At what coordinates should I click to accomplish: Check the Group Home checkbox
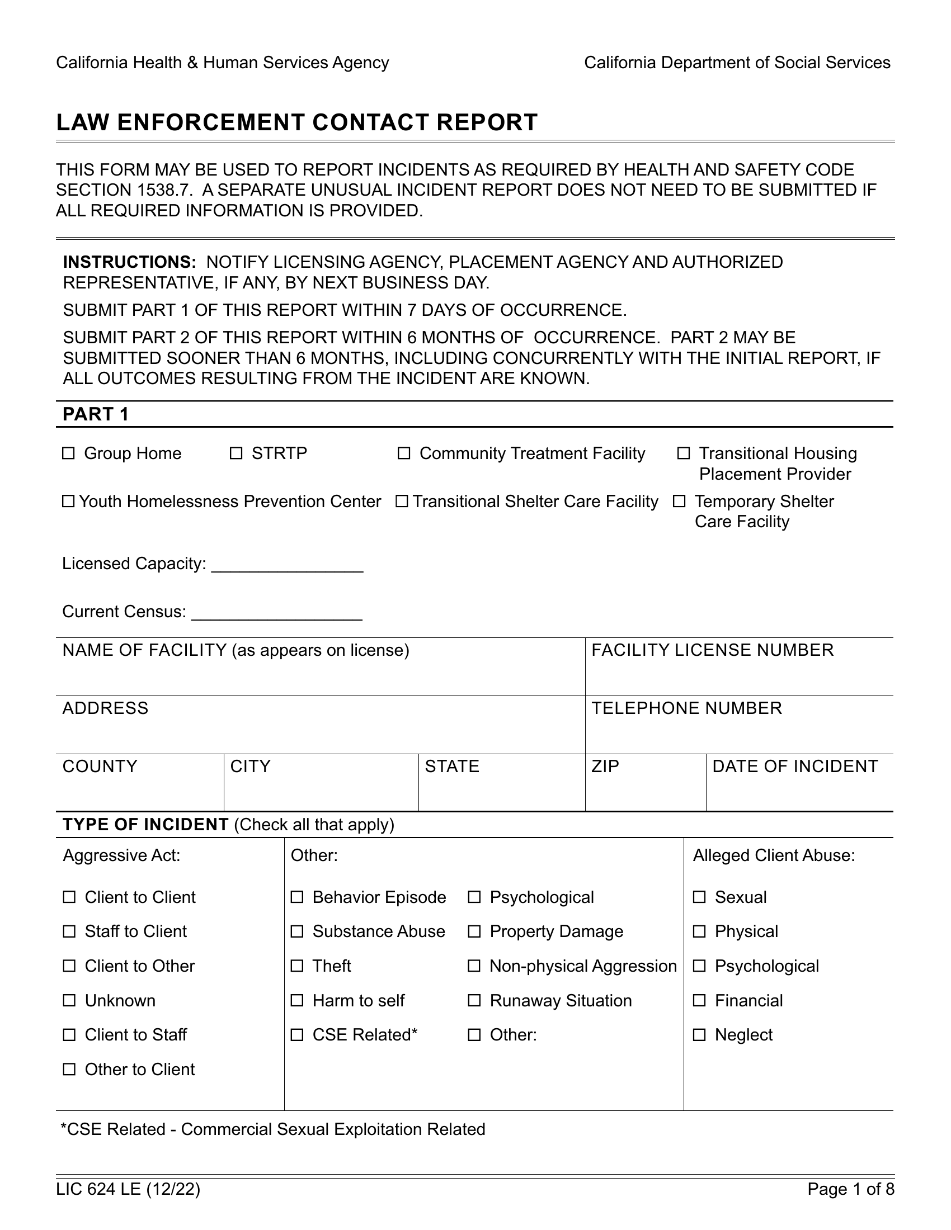(x=68, y=453)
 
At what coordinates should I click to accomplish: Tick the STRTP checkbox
(x=236, y=453)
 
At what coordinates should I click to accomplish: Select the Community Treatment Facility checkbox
(x=404, y=453)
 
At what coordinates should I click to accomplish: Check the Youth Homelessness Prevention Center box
(x=68, y=502)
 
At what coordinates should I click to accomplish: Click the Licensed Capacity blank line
(x=287, y=565)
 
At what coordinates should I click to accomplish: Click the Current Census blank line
(x=276, y=613)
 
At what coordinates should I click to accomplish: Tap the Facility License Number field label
(x=712, y=650)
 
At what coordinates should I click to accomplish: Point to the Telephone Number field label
(x=686, y=708)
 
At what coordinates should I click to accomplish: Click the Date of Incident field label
(x=794, y=767)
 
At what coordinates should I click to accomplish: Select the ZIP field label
(x=605, y=767)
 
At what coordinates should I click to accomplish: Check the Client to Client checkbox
(x=69, y=897)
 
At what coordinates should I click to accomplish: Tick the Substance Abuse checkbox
(x=297, y=931)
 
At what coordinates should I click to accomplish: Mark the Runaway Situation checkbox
(x=474, y=1001)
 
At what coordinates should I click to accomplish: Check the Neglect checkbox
(x=699, y=1035)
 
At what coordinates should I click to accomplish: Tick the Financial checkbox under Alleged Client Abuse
(x=699, y=1001)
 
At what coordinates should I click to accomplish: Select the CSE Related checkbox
(x=297, y=1035)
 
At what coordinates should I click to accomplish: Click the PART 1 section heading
(x=96, y=414)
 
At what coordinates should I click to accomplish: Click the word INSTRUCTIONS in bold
(x=129, y=262)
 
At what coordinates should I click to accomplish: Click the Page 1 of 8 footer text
(x=851, y=1189)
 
